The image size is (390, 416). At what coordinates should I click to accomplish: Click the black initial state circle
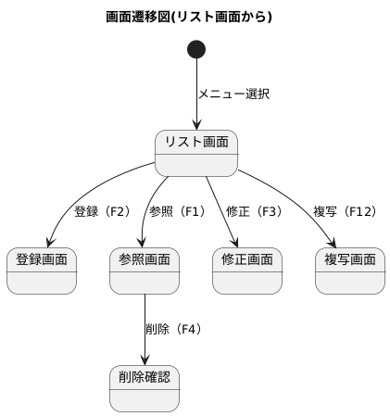click(x=196, y=49)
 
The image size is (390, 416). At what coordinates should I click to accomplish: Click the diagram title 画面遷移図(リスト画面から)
click(x=189, y=17)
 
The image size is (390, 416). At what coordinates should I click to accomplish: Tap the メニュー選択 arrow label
click(x=233, y=95)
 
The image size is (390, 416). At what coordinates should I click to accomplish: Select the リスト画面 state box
click(x=196, y=153)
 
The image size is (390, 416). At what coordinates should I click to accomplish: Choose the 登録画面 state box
click(x=42, y=271)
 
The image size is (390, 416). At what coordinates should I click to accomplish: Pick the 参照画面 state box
click(x=145, y=271)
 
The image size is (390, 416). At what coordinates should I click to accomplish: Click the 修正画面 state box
click(x=247, y=271)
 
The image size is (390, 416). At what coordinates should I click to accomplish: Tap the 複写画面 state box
click(x=350, y=271)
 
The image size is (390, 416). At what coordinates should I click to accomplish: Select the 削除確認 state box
click(x=145, y=388)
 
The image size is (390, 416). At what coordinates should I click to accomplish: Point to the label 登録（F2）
click(x=102, y=211)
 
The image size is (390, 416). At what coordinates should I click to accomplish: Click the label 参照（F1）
click(x=177, y=211)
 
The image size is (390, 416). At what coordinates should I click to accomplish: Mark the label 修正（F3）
click(x=254, y=211)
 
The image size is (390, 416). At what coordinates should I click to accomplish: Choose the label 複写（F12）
click(x=345, y=211)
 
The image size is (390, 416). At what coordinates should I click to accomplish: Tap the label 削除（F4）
click(x=173, y=329)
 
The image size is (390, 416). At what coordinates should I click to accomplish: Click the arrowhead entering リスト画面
click(x=196, y=125)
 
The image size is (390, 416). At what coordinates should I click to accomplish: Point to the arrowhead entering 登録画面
click(x=50, y=243)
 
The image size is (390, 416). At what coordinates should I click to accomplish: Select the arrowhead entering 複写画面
click(x=332, y=243)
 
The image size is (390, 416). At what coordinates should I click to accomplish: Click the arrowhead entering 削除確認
click(x=145, y=360)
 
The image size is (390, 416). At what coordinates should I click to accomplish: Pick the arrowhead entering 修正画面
click(x=234, y=243)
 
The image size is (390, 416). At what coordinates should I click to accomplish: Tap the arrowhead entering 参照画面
click(x=143, y=243)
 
